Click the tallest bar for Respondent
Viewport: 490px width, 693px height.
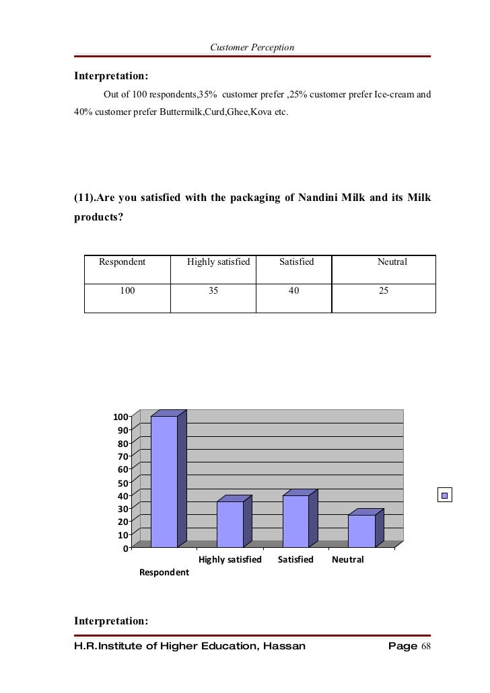point(164,481)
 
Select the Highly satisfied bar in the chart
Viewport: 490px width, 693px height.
point(230,524)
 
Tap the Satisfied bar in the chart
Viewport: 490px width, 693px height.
point(295,521)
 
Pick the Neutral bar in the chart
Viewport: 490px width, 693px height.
point(361,530)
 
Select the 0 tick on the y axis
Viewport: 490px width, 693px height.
point(126,548)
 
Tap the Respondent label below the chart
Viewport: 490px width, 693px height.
point(164,573)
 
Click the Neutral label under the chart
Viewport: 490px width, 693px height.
point(348,559)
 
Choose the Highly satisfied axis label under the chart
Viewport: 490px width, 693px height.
point(230,559)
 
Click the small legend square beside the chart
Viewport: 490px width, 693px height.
point(444,496)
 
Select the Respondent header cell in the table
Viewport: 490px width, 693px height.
point(123,261)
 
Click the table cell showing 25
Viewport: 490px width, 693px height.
point(384,291)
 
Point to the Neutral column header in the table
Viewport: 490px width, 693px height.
point(392,261)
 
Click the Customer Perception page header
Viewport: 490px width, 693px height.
point(252,47)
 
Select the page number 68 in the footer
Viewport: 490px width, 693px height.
point(425,647)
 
